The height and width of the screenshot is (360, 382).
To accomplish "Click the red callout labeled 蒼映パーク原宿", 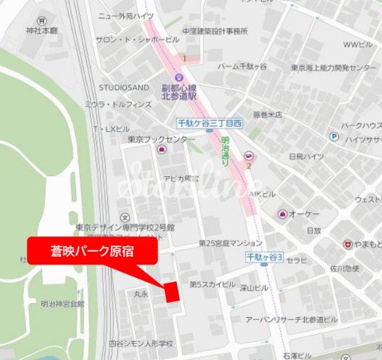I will point(91,251).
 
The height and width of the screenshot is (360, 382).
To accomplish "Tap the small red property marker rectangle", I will point(171,291).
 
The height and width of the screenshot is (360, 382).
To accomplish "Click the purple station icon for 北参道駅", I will point(179,76).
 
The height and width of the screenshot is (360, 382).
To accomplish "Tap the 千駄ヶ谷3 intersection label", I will point(264,258).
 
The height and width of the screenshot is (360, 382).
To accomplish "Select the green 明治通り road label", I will point(225,151).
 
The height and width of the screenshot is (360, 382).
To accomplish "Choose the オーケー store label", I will point(303,213).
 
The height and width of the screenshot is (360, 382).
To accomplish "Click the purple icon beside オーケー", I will point(282,213).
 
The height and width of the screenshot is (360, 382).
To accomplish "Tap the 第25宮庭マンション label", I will point(230,244).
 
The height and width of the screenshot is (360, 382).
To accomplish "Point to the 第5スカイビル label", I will point(213,284).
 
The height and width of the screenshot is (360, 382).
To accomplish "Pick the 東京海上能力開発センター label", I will point(333,67).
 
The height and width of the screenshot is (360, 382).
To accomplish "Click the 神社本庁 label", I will point(41,31).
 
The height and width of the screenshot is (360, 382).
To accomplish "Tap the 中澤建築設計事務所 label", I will point(215,31).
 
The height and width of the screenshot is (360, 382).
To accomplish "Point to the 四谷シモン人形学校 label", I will point(141,344).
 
